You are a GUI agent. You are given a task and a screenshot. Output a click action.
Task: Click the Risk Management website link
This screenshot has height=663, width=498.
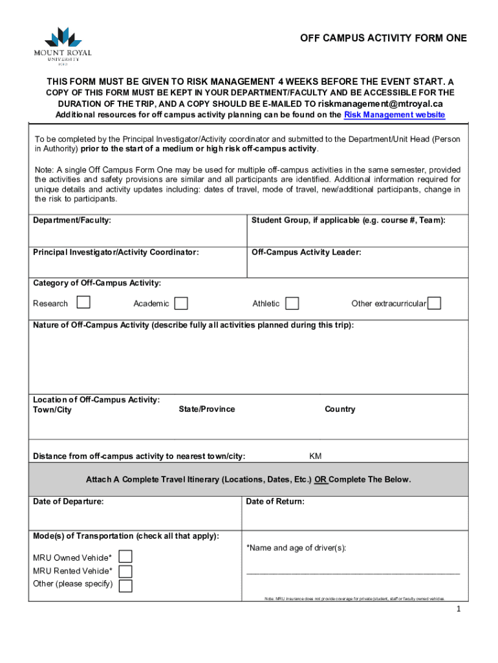click(x=395, y=115)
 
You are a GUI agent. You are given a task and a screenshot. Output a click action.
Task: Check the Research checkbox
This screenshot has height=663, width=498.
click(x=83, y=302)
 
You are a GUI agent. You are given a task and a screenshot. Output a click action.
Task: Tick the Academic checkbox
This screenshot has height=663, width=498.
click(x=182, y=303)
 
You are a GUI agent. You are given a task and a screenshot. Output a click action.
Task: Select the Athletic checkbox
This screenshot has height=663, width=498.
click(x=292, y=303)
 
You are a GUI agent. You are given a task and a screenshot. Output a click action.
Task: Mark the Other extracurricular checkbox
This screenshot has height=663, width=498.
click(x=435, y=303)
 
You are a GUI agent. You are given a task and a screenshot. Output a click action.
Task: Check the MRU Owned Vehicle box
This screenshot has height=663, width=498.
click(x=125, y=557)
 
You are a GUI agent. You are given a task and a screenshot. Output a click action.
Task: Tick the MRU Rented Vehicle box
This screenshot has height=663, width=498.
click(x=125, y=571)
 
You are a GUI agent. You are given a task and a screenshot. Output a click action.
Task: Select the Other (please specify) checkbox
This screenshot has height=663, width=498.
click(x=125, y=585)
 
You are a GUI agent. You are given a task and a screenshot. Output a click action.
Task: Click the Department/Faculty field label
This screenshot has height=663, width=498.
click(x=72, y=221)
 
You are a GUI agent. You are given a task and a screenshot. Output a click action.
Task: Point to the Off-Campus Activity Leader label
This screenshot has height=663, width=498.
click(x=306, y=253)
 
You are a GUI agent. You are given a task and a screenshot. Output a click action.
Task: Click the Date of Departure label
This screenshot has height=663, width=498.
click(x=68, y=501)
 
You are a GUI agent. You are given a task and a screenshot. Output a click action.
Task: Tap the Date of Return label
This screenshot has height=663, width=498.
click(x=275, y=501)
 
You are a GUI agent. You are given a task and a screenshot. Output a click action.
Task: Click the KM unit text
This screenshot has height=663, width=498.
click(x=315, y=456)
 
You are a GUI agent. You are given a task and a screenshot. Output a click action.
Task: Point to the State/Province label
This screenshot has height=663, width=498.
click(x=207, y=409)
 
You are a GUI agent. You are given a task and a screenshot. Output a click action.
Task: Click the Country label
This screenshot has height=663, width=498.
click(x=340, y=409)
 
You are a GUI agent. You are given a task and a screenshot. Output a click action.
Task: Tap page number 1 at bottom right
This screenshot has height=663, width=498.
click(x=458, y=609)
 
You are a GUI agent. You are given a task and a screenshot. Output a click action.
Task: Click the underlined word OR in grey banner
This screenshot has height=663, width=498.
click(x=321, y=480)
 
